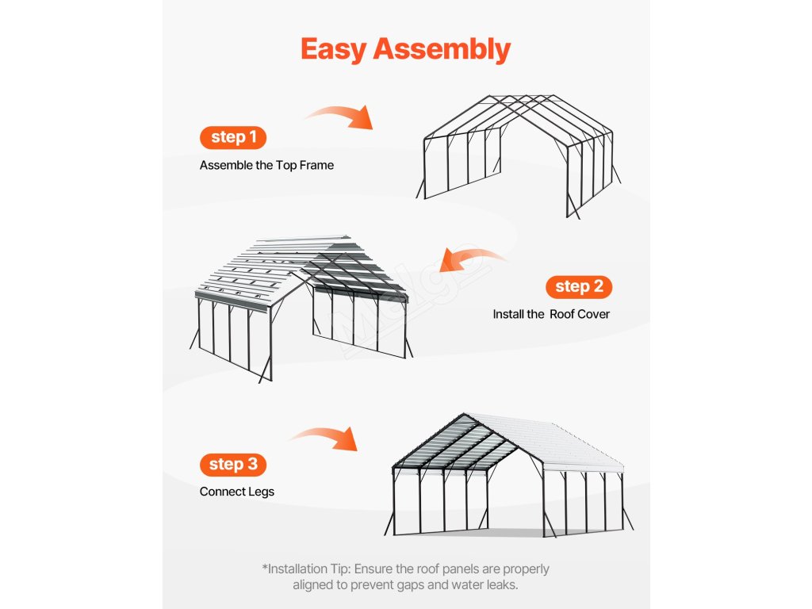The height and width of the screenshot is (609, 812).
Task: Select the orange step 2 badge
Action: [579, 286]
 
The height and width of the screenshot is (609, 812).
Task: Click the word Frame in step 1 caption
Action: [316, 166]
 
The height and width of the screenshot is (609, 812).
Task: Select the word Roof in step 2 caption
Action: [566, 314]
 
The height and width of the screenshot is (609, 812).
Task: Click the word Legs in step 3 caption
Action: [261, 492]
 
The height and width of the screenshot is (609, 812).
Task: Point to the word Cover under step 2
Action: [596, 314]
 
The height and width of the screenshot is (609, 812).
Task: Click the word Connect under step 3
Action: [222, 492]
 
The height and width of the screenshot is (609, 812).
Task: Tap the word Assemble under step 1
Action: [225, 166]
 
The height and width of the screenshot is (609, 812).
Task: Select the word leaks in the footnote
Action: [499, 585]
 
